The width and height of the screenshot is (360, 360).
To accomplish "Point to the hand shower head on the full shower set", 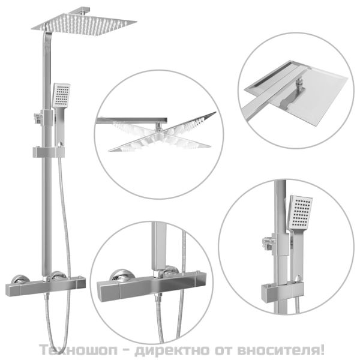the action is (61, 95).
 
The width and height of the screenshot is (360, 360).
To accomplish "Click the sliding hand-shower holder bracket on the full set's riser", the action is (49, 152).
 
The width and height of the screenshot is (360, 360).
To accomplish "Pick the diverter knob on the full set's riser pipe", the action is (37, 117).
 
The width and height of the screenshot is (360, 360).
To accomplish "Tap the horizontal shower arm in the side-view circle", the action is (131, 121).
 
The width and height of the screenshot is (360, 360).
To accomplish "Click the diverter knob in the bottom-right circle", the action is (268, 242).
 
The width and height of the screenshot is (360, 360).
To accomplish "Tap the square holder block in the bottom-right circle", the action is (283, 290).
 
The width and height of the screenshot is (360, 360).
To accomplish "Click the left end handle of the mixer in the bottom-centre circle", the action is (108, 290).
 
